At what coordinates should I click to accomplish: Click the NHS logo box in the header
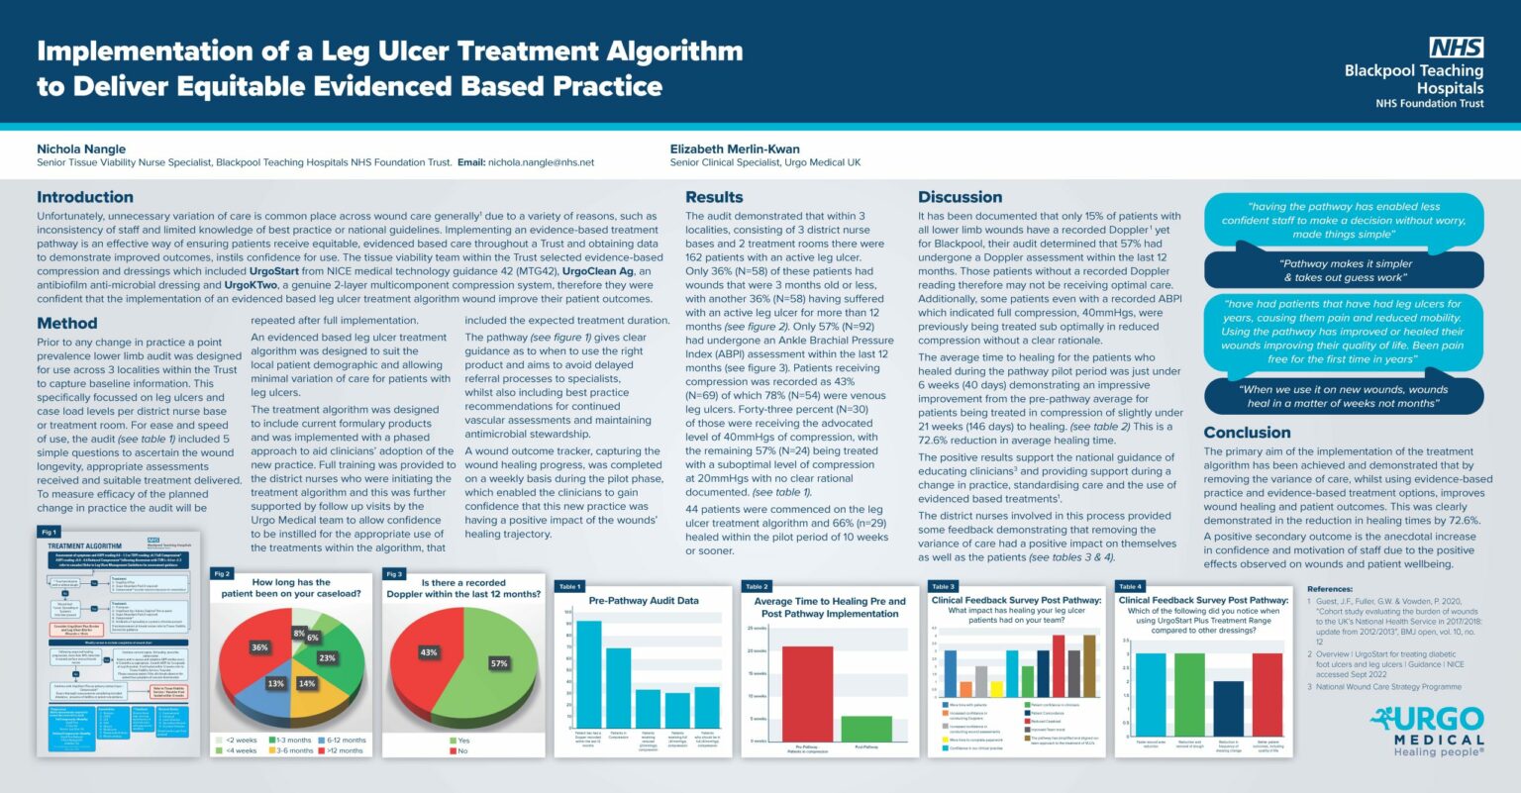tap(1456, 48)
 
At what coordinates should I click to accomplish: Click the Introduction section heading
tap(85, 197)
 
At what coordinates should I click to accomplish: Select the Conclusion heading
tap(1247, 433)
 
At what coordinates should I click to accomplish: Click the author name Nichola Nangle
tap(81, 149)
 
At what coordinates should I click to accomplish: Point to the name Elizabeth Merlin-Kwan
tap(735, 149)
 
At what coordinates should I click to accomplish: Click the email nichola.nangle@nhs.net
tap(541, 162)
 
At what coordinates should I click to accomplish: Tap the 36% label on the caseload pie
tap(259, 647)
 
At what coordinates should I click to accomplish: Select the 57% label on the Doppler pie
tap(499, 663)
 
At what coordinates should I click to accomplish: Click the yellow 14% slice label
tap(307, 683)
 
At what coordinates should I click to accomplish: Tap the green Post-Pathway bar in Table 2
tap(866, 729)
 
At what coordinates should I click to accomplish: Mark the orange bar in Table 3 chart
tap(965, 689)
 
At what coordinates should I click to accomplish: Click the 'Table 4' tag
tap(1130, 586)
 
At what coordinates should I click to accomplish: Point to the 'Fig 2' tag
tap(222, 574)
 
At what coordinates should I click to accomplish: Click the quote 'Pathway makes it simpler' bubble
tap(1344, 270)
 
